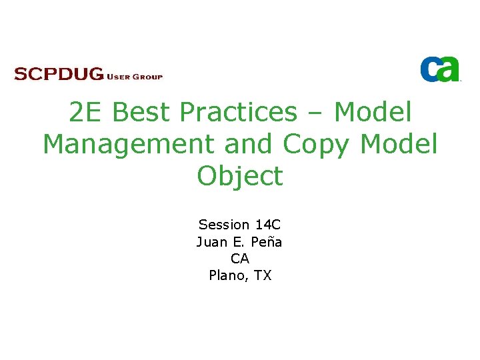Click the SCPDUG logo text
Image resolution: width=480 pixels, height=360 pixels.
click(59, 74)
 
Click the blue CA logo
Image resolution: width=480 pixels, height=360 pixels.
click(440, 69)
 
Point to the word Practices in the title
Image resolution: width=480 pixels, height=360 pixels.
click(238, 113)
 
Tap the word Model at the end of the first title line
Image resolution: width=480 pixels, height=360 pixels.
click(373, 113)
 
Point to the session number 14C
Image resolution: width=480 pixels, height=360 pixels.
click(267, 225)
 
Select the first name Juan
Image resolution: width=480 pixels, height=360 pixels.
click(211, 241)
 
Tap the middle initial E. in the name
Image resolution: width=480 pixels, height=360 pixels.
click(238, 241)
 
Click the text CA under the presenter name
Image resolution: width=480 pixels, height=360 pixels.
click(240, 258)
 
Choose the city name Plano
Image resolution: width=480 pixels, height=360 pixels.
click(227, 275)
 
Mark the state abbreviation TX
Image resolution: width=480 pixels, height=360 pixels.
click(263, 275)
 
